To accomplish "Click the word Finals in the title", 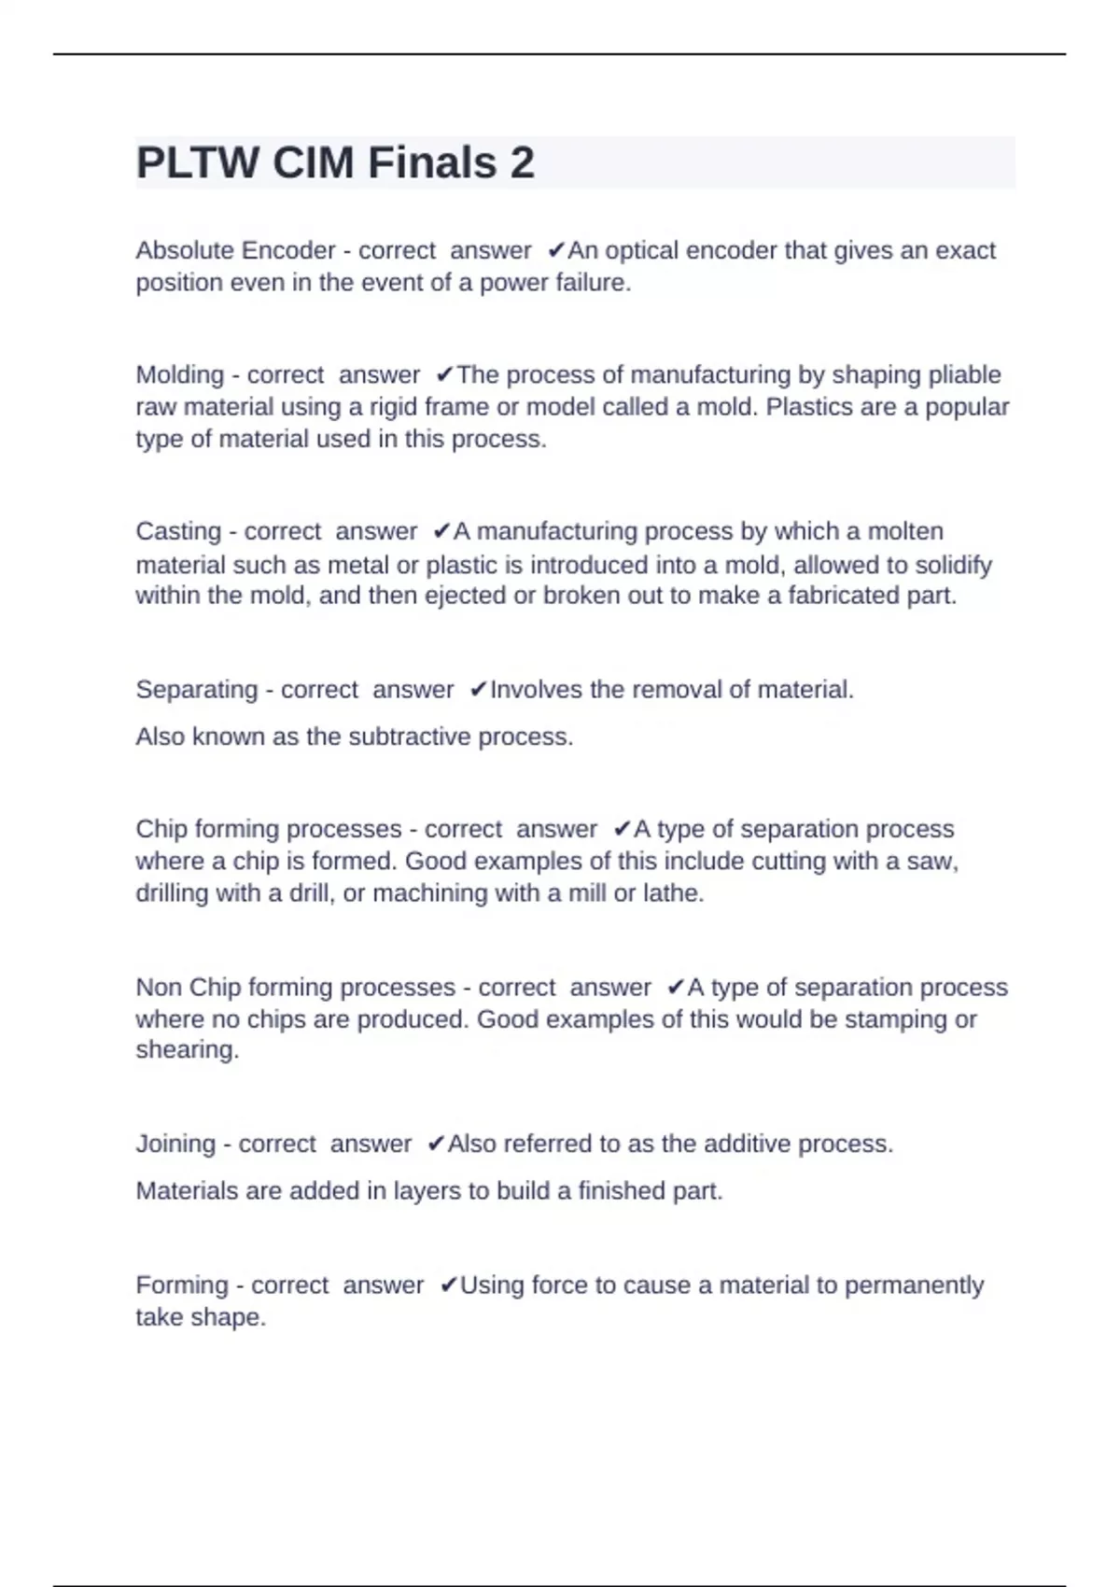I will pyautogui.click(x=432, y=162).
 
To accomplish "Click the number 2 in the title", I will pyautogui.click(x=522, y=162).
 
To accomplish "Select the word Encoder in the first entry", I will pyautogui.click(x=288, y=250).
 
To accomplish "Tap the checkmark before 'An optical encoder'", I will pyautogui.click(x=555, y=250).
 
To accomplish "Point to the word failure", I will pyautogui.click(x=593, y=282).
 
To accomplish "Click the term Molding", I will pyautogui.click(x=180, y=374).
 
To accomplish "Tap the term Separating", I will pyautogui.click(x=197, y=690).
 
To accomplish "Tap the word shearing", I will pyautogui.click(x=187, y=1050).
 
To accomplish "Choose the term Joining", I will pyautogui.click(x=175, y=1144).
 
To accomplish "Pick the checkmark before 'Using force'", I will pyautogui.click(x=448, y=1285).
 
